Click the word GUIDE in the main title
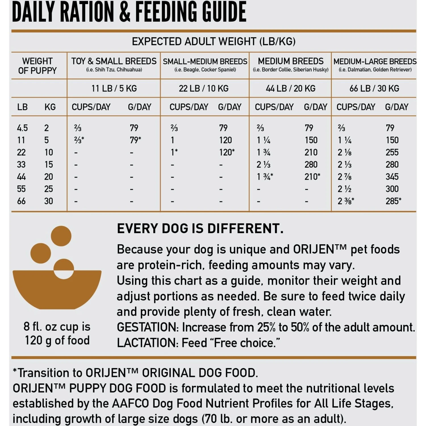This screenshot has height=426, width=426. [218, 12]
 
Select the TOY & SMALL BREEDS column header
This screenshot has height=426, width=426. [114, 61]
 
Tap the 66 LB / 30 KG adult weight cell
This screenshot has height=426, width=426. [374, 88]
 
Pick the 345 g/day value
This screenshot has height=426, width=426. [392, 177]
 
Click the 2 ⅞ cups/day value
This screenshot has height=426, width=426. [344, 177]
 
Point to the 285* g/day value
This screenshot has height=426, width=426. [393, 201]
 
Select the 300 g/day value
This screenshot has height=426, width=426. [392, 189]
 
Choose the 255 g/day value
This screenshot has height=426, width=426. [392, 152]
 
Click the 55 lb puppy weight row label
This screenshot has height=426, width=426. [21, 189]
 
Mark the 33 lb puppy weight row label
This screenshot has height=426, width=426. [21, 164]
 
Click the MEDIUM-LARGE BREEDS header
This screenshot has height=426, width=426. [375, 61]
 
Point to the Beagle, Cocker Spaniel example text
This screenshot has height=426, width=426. [205, 70]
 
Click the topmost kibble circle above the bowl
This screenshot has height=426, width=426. [61, 236]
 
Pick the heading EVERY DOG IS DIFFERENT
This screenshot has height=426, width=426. [200, 229]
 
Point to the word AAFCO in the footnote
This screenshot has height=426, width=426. [130, 404]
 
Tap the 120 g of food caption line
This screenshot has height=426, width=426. [57, 340]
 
